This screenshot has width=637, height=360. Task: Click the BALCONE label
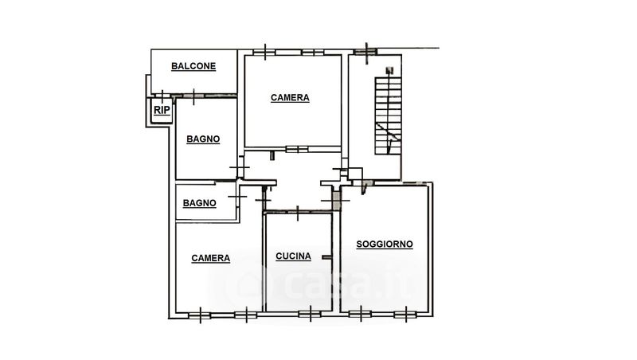193,66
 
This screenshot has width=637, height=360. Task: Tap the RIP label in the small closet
162,110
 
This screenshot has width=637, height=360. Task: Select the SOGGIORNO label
385,245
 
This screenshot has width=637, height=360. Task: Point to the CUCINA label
293,256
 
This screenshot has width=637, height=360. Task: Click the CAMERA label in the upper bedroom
290,98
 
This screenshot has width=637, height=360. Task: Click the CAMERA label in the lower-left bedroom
210,258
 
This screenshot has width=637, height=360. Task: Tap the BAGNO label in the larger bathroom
203,139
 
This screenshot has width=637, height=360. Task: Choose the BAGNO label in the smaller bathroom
200,203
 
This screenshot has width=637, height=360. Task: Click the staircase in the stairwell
388,115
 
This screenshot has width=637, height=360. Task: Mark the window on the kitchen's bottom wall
310,314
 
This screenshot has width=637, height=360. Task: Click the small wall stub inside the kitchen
326,257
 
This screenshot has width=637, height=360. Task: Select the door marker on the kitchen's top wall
298,213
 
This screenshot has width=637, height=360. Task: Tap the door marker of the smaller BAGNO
237,197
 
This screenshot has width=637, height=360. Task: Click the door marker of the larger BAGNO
240,167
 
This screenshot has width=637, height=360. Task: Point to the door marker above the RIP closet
162,96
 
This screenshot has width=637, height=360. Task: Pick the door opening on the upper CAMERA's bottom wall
297,150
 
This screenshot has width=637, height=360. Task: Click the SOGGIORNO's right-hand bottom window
406,314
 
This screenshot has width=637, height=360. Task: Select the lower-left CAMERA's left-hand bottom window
201,315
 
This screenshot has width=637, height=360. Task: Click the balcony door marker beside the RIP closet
193,96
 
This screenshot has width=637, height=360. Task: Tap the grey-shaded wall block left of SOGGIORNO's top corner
336,201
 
